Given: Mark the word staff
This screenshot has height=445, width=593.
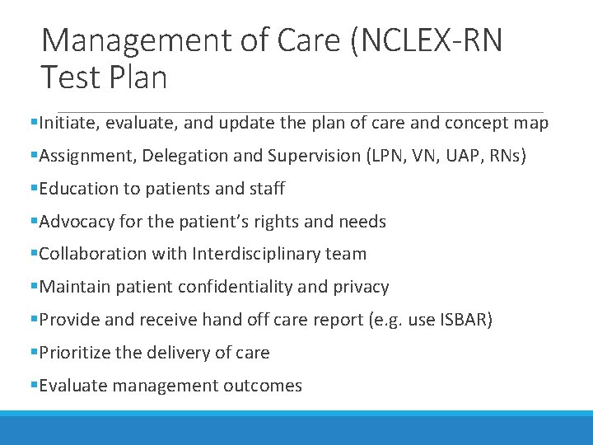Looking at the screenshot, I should [265, 189].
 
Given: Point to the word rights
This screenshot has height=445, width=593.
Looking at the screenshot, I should [288, 222].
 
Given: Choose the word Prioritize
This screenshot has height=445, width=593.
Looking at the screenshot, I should [77, 353].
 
